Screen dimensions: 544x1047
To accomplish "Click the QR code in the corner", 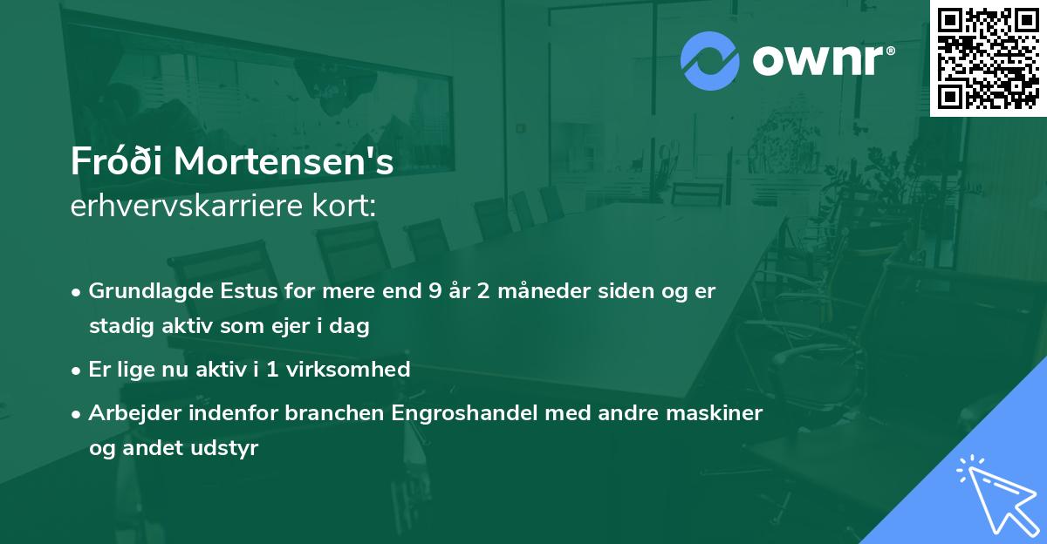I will (989, 58).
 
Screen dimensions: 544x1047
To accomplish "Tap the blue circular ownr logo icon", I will (709, 61).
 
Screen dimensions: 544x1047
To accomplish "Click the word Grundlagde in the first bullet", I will (141, 292).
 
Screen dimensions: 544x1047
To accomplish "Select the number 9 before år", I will (435, 292).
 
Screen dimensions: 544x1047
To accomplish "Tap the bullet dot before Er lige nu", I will (79, 370).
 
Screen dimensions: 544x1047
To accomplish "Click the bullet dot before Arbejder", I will (79, 412).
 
